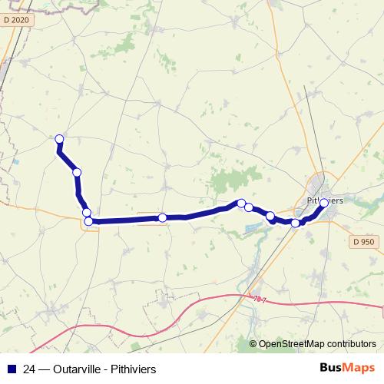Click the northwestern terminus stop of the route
point(59,138)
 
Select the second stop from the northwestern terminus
point(77,172)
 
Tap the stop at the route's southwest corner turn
point(88,221)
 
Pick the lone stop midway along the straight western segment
point(163,218)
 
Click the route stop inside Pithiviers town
point(323,203)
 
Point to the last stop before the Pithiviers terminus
point(296,223)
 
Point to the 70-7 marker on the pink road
point(259,298)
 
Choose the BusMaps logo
point(347,369)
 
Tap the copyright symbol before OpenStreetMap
point(253,343)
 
